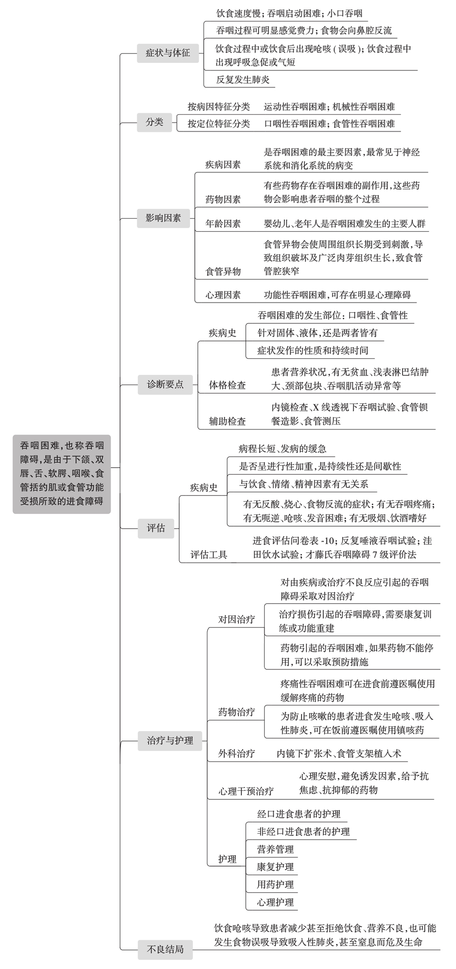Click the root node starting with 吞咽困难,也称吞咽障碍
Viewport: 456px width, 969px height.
[x=62, y=474]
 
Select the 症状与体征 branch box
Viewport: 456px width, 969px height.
[x=168, y=53]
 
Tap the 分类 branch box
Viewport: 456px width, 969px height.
[x=154, y=122]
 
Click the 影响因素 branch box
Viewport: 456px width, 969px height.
[x=163, y=218]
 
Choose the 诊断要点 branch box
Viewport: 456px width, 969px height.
[x=165, y=384]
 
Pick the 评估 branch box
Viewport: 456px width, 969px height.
[x=156, y=528]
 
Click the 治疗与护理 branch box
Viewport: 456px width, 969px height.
[x=170, y=740]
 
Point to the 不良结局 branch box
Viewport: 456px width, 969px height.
[x=165, y=950]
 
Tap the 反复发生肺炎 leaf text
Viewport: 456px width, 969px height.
[x=243, y=80]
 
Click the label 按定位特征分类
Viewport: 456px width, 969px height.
[x=219, y=124]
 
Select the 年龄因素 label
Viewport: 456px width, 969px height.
[x=223, y=224]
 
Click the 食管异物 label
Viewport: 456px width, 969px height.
[x=223, y=272]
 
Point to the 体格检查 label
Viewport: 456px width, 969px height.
[x=228, y=385]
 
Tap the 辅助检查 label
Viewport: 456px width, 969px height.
[x=228, y=421]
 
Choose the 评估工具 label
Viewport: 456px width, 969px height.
[x=209, y=555]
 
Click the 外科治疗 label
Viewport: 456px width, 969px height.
[x=237, y=754]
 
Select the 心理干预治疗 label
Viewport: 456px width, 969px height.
[x=246, y=791]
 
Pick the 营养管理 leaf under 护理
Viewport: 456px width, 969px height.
[x=276, y=850]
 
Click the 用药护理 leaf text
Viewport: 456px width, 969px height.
[x=276, y=885]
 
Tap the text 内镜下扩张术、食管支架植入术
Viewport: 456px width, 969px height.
[x=339, y=754]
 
